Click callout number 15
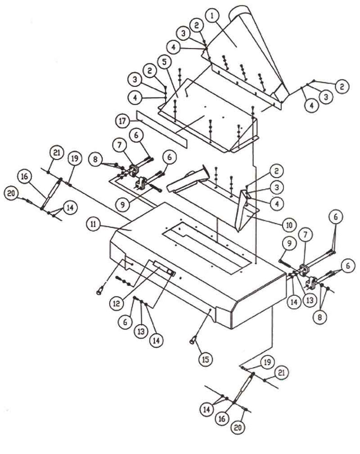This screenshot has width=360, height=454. (x=205, y=359)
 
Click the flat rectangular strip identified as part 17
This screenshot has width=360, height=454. (x=162, y=127)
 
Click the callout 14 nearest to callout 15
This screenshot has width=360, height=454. (x=156, y=340)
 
